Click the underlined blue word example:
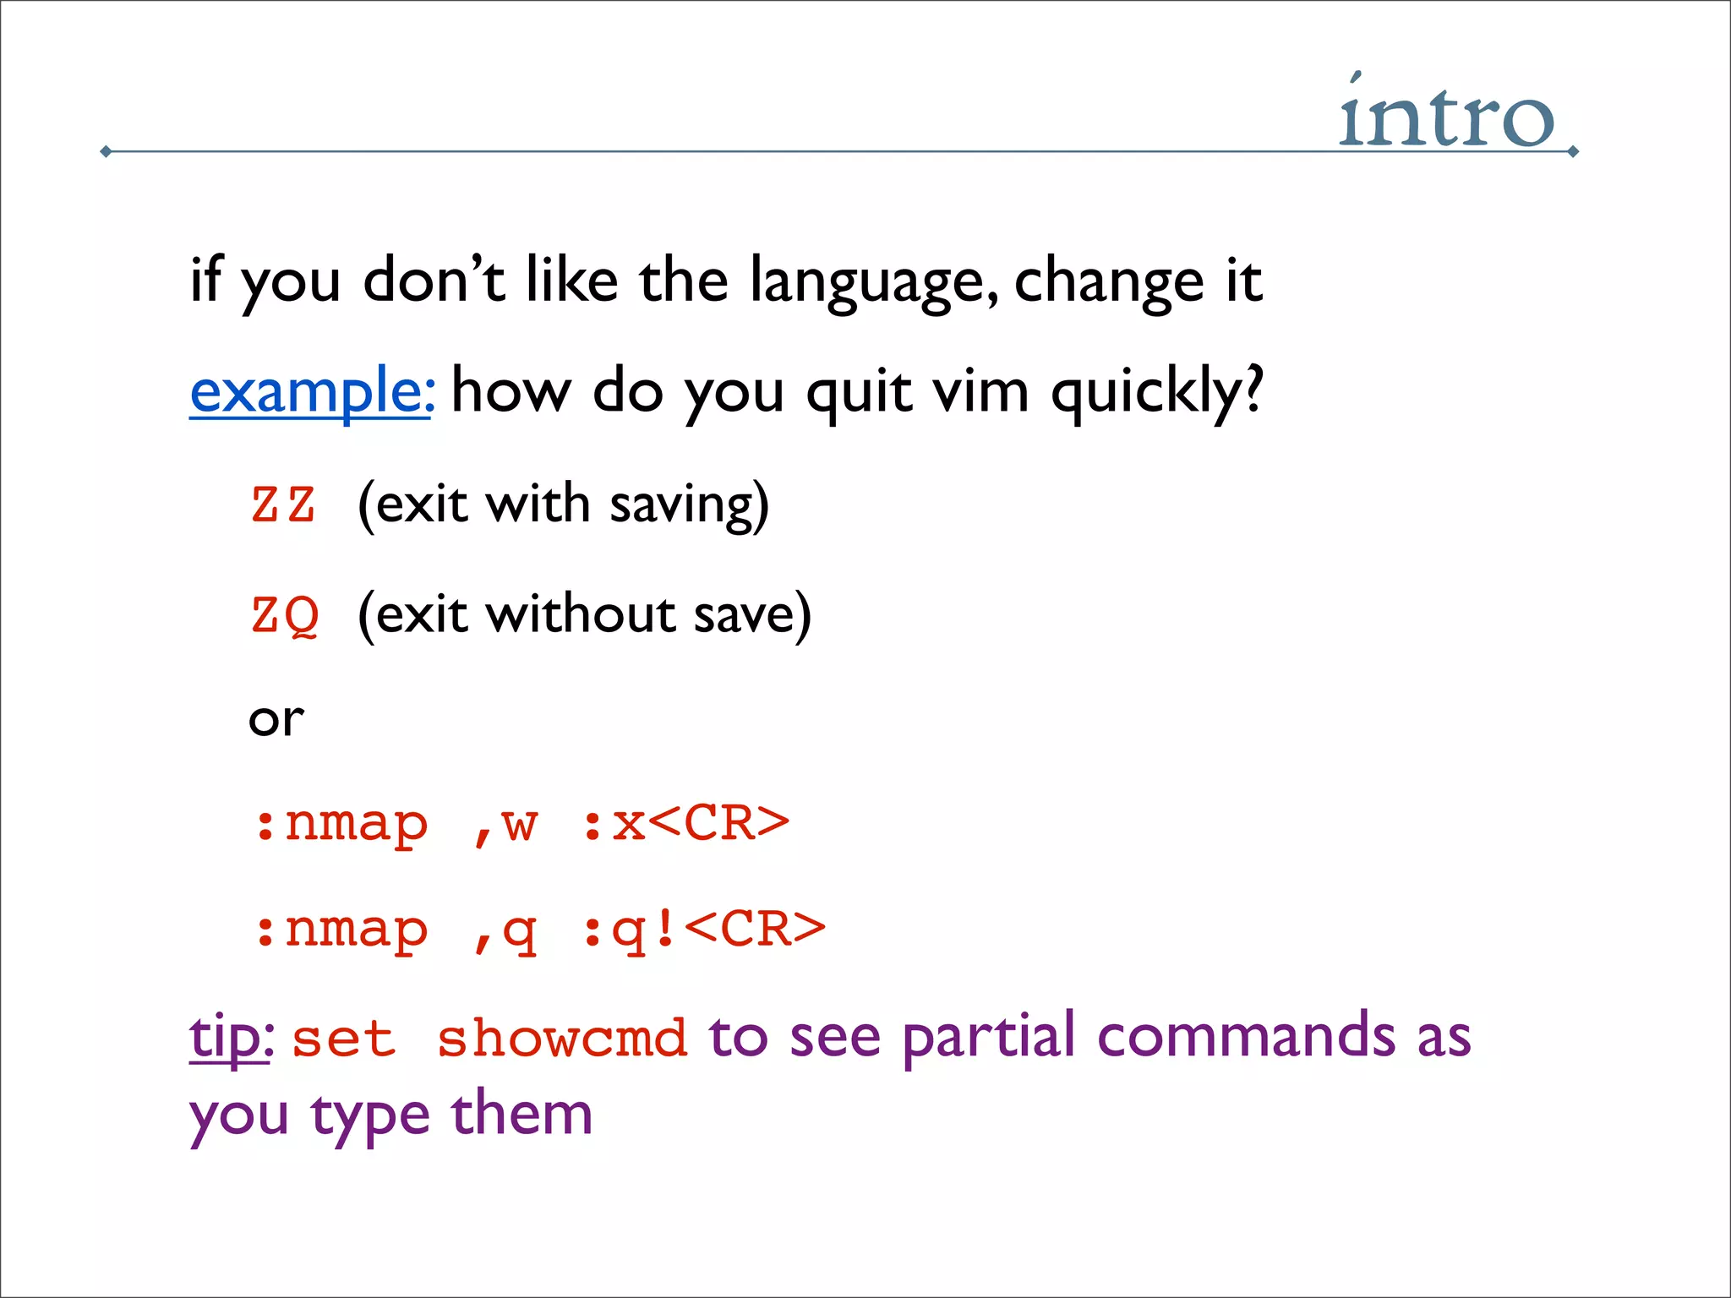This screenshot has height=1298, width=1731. (312, 392)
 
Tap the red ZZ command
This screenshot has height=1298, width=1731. (284, 504)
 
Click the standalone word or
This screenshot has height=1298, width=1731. (276, 720)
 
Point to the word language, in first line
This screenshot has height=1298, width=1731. (875, 283)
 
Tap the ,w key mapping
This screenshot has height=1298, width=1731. (505, 825)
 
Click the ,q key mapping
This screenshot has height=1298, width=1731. (505, 931)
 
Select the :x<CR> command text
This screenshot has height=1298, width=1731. (685, 823)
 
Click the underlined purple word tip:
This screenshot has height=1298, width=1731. (231, 1038)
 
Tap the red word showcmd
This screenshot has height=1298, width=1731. (561, 1039)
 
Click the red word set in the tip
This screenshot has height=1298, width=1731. (343, 1039)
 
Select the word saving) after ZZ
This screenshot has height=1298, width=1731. (689, 505)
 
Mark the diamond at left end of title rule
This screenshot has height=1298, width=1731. (106, 152)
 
